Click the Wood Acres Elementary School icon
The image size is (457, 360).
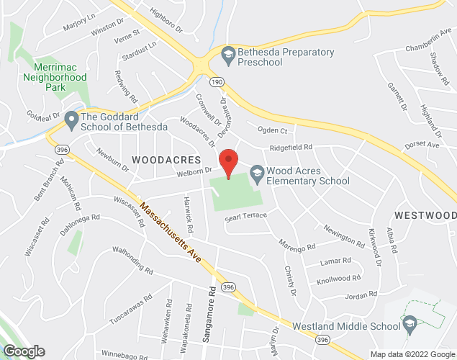coord(257,172)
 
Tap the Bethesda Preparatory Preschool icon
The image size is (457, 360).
coord(228,53)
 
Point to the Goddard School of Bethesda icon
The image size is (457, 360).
coord(71,118)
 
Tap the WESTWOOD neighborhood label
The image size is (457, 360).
coord(425,215)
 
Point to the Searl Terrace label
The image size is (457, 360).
coord(245,216)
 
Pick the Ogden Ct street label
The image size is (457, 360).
coord(273,131)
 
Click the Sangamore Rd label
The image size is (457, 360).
coord(213,315)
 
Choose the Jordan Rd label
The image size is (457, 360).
coord(361,295)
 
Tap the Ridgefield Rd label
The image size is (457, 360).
coord(291,148)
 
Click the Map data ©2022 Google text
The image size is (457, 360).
coord(412,354)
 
